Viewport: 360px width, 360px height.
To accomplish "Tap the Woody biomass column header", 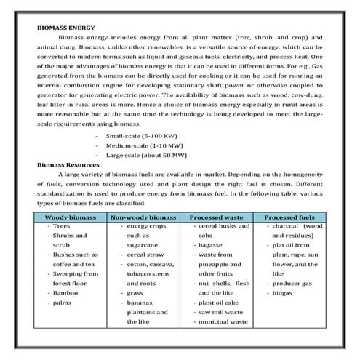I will (70, 217).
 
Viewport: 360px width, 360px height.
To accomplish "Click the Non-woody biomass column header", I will (143, 217).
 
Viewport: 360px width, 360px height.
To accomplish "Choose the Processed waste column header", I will (216, 217).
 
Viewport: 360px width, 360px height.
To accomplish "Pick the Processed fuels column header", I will (289, 217).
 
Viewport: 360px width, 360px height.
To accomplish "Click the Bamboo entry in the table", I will (65, 292).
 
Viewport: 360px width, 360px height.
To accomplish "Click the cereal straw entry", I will (143, 255).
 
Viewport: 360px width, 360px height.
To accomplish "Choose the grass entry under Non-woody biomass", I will (135, 292).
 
